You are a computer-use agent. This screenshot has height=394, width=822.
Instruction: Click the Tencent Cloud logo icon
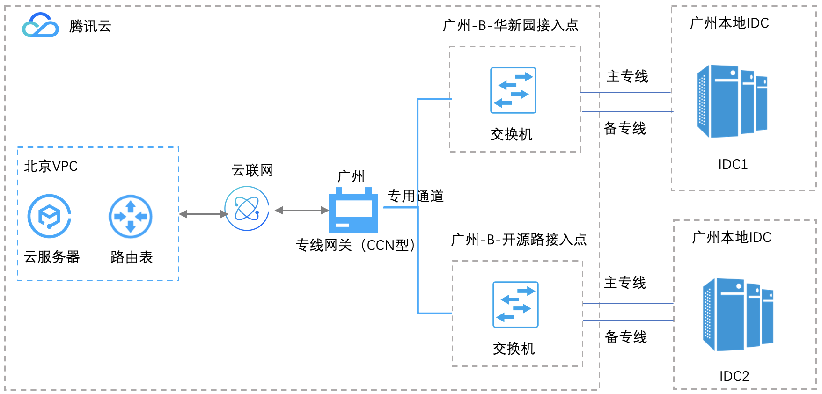point(41,25)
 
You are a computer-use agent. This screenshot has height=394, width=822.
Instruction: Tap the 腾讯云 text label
point(90,26)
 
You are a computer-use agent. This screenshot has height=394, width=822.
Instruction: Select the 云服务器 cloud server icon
point(49,216)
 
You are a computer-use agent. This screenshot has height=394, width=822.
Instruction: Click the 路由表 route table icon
point(131,217)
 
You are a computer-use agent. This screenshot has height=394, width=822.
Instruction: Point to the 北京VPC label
point(51,166)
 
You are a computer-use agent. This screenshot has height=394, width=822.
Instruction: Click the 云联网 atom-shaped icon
point(247,209)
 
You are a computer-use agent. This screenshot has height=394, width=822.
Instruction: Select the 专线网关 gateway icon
point(353,212)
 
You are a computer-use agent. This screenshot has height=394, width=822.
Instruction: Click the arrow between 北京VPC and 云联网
point(203,214)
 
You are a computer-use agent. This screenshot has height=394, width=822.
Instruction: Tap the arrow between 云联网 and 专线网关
point(302,211)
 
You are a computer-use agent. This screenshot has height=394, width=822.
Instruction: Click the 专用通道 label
point(415,196)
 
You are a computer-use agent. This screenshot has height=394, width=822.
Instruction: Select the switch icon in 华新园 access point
point(513,90)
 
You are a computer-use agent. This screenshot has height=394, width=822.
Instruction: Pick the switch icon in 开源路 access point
point(515,305)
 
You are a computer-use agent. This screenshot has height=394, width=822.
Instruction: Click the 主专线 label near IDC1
point(627,76)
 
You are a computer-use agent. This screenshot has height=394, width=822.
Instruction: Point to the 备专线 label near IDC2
point(626,337)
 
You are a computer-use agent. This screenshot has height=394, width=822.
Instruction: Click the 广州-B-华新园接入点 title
point(511,25)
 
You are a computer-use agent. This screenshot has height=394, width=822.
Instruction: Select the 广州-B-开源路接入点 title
point(519,240)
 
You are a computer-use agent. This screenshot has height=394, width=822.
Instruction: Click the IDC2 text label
point(734,376)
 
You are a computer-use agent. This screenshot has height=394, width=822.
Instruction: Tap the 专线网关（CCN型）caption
point(356,245)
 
